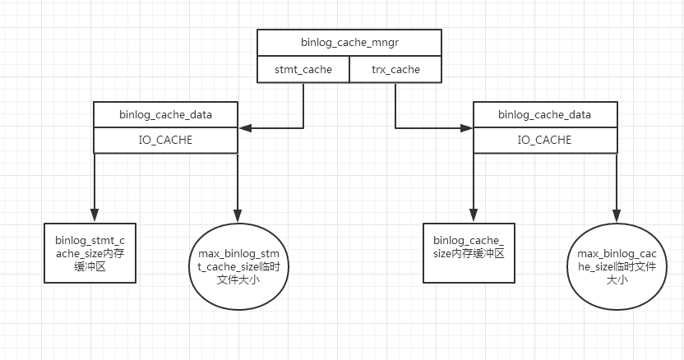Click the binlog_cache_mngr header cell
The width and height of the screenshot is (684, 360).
[x=349, y=43]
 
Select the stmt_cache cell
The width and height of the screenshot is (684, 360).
[x=303, y=70]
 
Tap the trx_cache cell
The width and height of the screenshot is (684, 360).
[x=395, y=70]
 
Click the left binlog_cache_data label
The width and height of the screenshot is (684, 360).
[x=166, y=115]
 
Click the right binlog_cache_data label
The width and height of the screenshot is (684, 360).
[x=544, y=115]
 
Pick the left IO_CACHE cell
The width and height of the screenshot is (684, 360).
[x=166, y=141]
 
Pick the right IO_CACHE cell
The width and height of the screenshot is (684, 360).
[x=544, y=141]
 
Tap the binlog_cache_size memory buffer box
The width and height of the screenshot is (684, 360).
[x=469, y=253]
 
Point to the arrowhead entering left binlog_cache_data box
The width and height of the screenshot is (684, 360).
[x=245, y=128]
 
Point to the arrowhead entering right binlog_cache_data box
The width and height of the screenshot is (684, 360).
[x=467, y=128]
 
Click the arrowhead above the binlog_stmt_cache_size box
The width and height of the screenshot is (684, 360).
[x=95, y=216]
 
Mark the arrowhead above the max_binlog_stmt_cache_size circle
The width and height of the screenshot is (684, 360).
[x=238, y=216]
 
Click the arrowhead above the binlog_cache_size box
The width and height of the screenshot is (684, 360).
[x=474, y=216]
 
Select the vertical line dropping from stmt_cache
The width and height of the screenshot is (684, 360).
[x=303, y=105]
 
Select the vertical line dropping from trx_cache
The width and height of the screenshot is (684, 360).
[x=395, y=105]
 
